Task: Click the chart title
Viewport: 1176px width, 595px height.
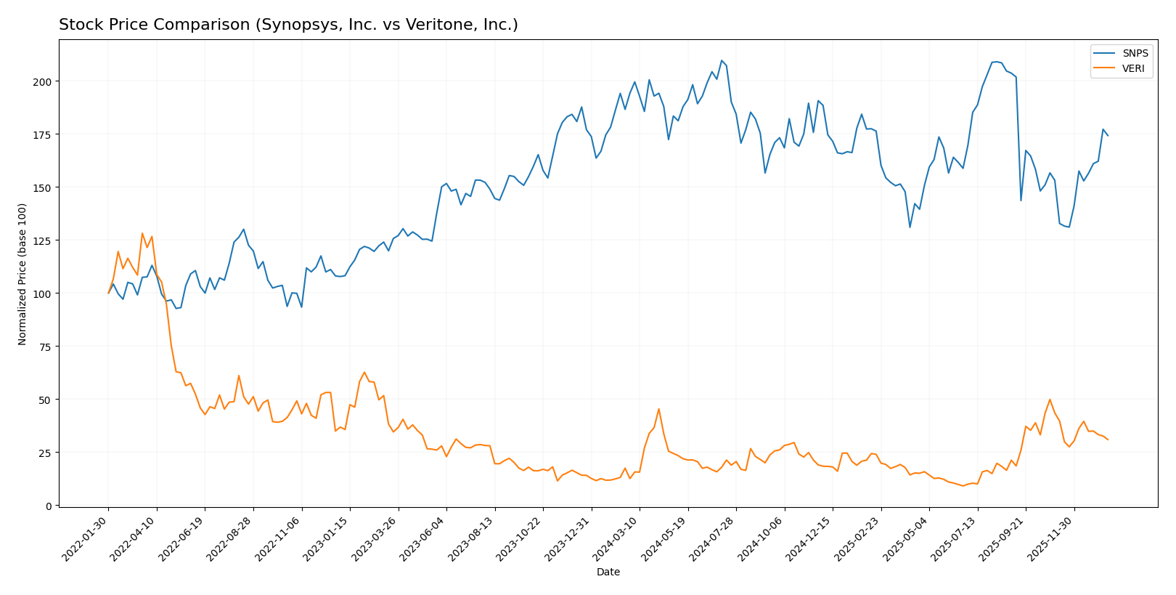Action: click(288, 25)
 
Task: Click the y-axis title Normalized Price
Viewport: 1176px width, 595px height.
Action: click(22, 274)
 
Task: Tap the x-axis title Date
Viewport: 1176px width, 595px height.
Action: click(608, 572)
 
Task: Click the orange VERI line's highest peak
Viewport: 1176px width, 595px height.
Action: click(142, 233)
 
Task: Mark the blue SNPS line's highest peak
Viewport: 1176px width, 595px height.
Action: click(722, 60)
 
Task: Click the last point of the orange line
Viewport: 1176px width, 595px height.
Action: click(1108, 440)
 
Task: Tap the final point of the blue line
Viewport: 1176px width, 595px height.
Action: click(1108, 136)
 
